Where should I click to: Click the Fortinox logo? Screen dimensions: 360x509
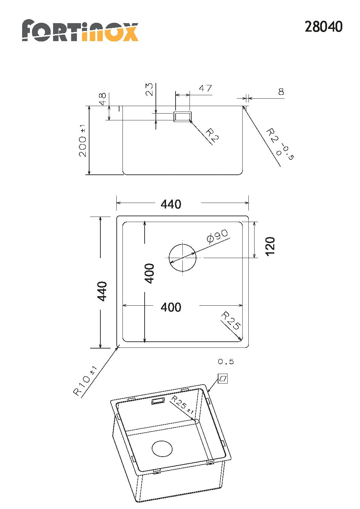pyautogui.click(x=80, y=30)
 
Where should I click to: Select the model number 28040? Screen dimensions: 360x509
pyautogui.click(x=323, y=27)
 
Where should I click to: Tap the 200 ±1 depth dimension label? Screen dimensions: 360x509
pyautogui.click(x=83, y=140)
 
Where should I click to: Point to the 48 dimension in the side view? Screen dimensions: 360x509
pyautogui.click(x=103, y=99)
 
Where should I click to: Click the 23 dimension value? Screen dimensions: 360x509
pyautogui.click(x=149, y=89)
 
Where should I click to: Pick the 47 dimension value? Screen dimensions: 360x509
pyautogui.click(x=206, y=88)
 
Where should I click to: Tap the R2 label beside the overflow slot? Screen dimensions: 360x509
pyautogui.click(x=212, y=135)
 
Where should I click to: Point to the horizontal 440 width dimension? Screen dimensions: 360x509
pyautogui.click(x=171, y=204)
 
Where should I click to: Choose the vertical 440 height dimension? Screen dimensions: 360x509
pyautogui.click(x=102, y=291)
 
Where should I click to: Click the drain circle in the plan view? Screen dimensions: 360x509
pyautogui.click(x=182, y=258)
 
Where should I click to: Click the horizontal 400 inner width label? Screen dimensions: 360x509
pyautogui.click(x=171, y=307)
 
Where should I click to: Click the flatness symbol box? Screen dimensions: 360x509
pyautogui.click(x=223, y=378)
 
